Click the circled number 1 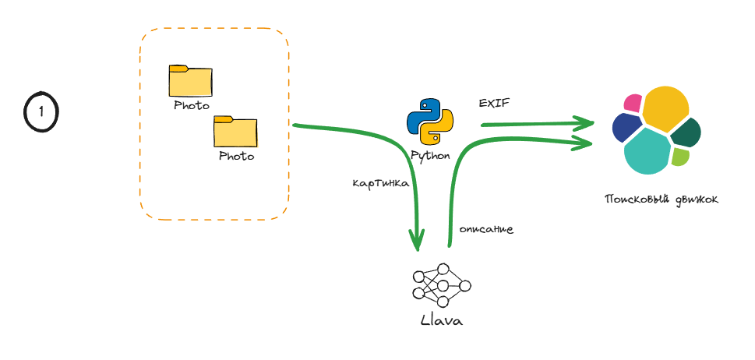[x=41, y=112]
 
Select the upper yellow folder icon [x=190, y=80]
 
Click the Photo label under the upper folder [x=191, y=105]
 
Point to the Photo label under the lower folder [x=236, y=156]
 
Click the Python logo [x=430, y=122]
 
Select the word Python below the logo [x=431, y=155]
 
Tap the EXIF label [x=494, y=103]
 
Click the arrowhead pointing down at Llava [x=418, y=238]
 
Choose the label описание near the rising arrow [x=485, y=230]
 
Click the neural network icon [x=442, y=286]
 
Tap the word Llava [x=441, y=320]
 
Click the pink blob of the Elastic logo [x=632, y=102]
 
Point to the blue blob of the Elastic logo [x=626, y=128]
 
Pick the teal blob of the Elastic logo [x=648, y=152]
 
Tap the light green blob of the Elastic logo [x=680, y=157]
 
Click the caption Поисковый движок [x=662, y=199]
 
